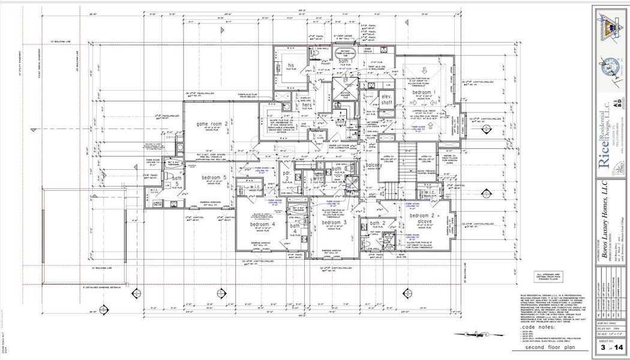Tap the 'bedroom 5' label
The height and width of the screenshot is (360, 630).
tap(214, 178)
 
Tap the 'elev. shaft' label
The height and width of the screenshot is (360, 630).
tap(386, 100)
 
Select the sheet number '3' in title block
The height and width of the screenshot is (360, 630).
tap(602, 347)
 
